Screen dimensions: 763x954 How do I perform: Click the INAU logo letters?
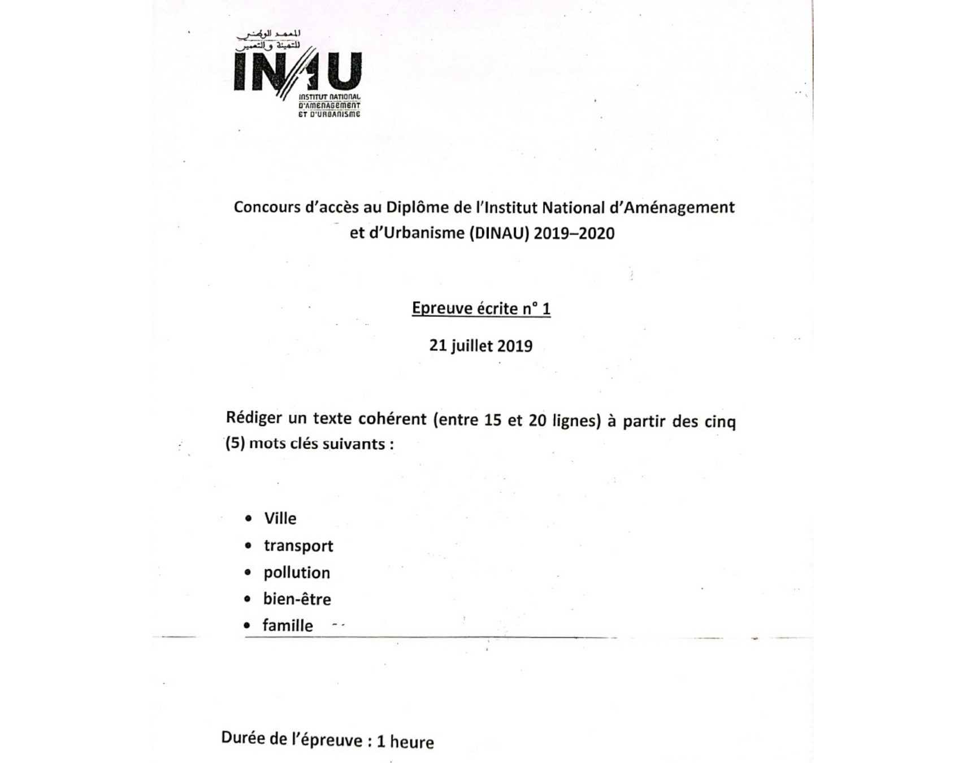point(297,72)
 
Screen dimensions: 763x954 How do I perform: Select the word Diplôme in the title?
point(417,207)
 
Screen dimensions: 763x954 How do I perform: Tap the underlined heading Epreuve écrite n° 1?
point(481,309)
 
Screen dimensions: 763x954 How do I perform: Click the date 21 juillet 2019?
point(481,345)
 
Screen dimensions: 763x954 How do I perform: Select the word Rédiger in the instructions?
point(254,419)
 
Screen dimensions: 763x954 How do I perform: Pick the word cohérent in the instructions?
point(393,419)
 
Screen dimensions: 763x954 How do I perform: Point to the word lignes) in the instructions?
point(577,421)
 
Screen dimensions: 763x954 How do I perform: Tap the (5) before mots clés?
point(235,443)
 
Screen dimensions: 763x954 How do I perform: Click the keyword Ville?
point(280,518)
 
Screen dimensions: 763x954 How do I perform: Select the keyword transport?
point(298,546)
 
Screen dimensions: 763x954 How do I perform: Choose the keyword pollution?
point(297,573)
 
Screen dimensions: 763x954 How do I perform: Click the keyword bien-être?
point(297,599)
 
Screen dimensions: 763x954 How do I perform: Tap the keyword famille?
point(288,626)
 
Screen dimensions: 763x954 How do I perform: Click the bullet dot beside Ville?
point(248,518)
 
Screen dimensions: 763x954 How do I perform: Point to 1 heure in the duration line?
point(405,742)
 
